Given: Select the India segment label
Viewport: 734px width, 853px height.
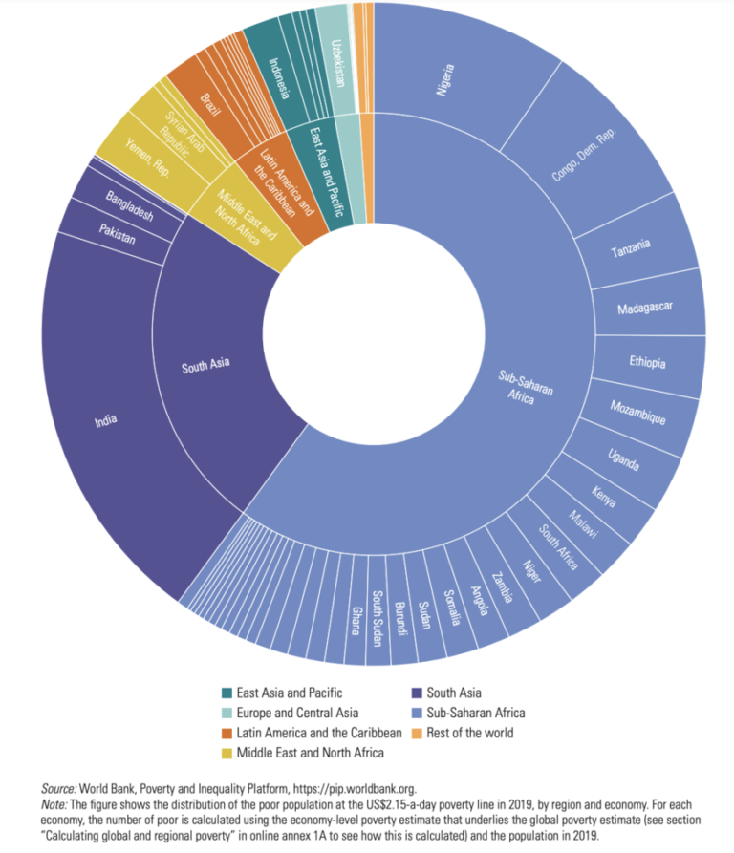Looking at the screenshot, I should (105, 419).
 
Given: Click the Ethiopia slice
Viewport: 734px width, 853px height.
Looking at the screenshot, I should (647, 363).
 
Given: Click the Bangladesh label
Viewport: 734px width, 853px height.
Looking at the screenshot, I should (129, 209).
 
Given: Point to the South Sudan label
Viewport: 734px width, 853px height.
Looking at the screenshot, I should (378, 615).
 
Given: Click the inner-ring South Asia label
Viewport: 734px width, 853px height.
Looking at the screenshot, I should (206, 364).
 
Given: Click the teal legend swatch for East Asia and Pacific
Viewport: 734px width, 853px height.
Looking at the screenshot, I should (227, 693).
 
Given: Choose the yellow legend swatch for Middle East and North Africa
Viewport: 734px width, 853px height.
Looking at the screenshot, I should (227, 753).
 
